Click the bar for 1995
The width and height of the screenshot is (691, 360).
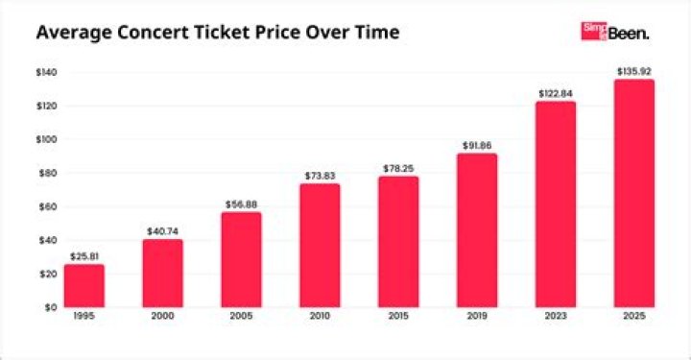[x=84, y=285]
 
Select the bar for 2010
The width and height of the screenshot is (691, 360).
[x=320, y=245]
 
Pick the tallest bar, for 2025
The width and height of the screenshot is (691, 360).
[x=634, y=193]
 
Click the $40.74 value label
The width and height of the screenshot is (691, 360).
[x=162, y=231]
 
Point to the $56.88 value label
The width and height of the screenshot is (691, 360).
[x=241, y=204]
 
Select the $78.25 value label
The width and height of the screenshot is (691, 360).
[x=398, y=168]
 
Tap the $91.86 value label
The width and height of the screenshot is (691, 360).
[x=477, y=145]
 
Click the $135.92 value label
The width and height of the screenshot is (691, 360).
[x=634, y=71]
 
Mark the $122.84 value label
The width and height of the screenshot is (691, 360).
[x=556, y=93]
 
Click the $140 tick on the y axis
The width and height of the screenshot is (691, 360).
[x=46, y=72]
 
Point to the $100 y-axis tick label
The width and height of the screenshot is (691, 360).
[x=46, y=139]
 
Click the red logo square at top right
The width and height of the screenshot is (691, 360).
[x=594, y=32]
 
